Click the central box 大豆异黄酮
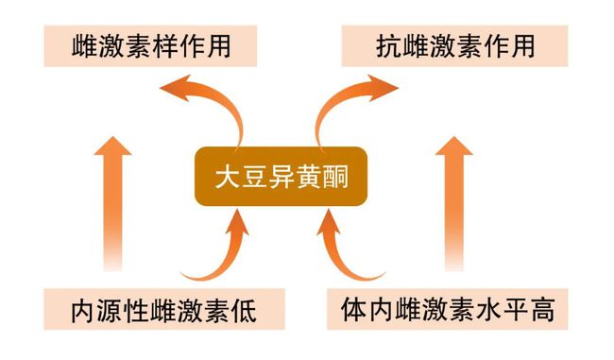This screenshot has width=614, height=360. coord(279,178)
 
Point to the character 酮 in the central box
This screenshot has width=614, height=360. coord(331,178)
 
